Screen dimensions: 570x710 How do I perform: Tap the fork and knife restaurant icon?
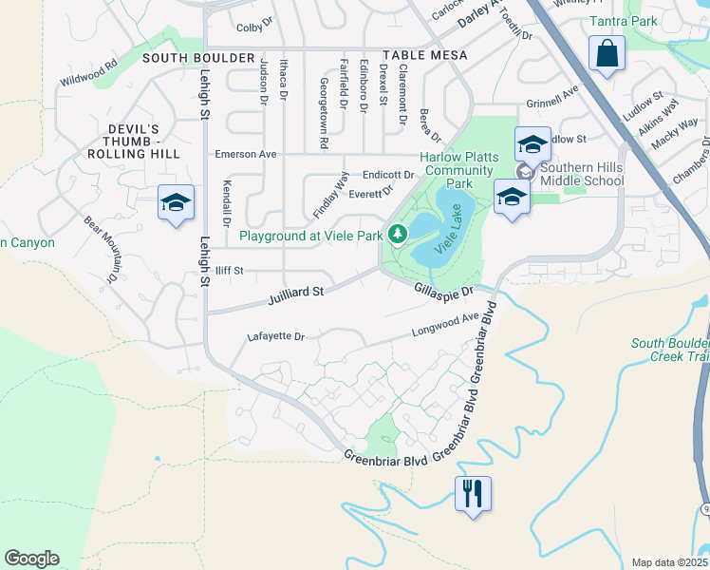pos(472,493)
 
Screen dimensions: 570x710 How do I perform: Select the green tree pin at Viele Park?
pos(398,233)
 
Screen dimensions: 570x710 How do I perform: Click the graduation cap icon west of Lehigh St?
pos(176,202)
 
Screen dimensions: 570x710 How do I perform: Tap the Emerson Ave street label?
pos(245,154)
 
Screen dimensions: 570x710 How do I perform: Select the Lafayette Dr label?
pos(275,336)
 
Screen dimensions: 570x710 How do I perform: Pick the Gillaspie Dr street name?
pos(442,290)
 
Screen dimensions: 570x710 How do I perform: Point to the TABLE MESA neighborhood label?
pos(424,56)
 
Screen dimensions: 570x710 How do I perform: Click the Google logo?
pos(31,559)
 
